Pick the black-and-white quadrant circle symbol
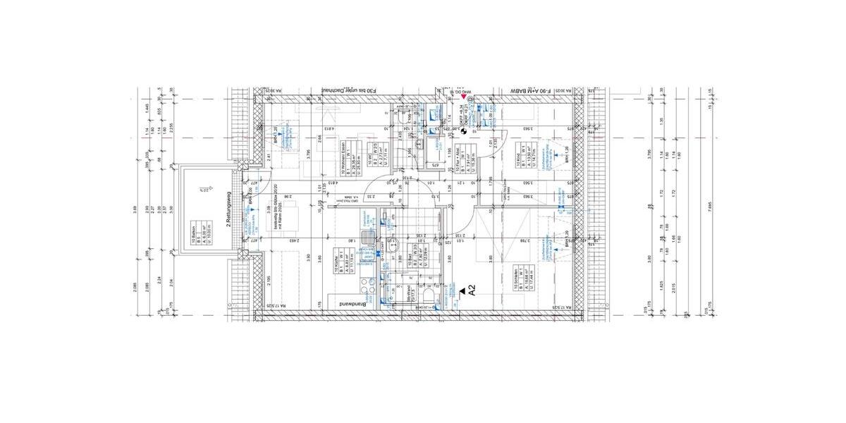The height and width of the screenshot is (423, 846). pos(464,111)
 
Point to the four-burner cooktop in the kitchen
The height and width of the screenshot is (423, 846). pos(367,288)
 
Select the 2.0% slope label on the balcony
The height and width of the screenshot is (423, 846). pos(202,189)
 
